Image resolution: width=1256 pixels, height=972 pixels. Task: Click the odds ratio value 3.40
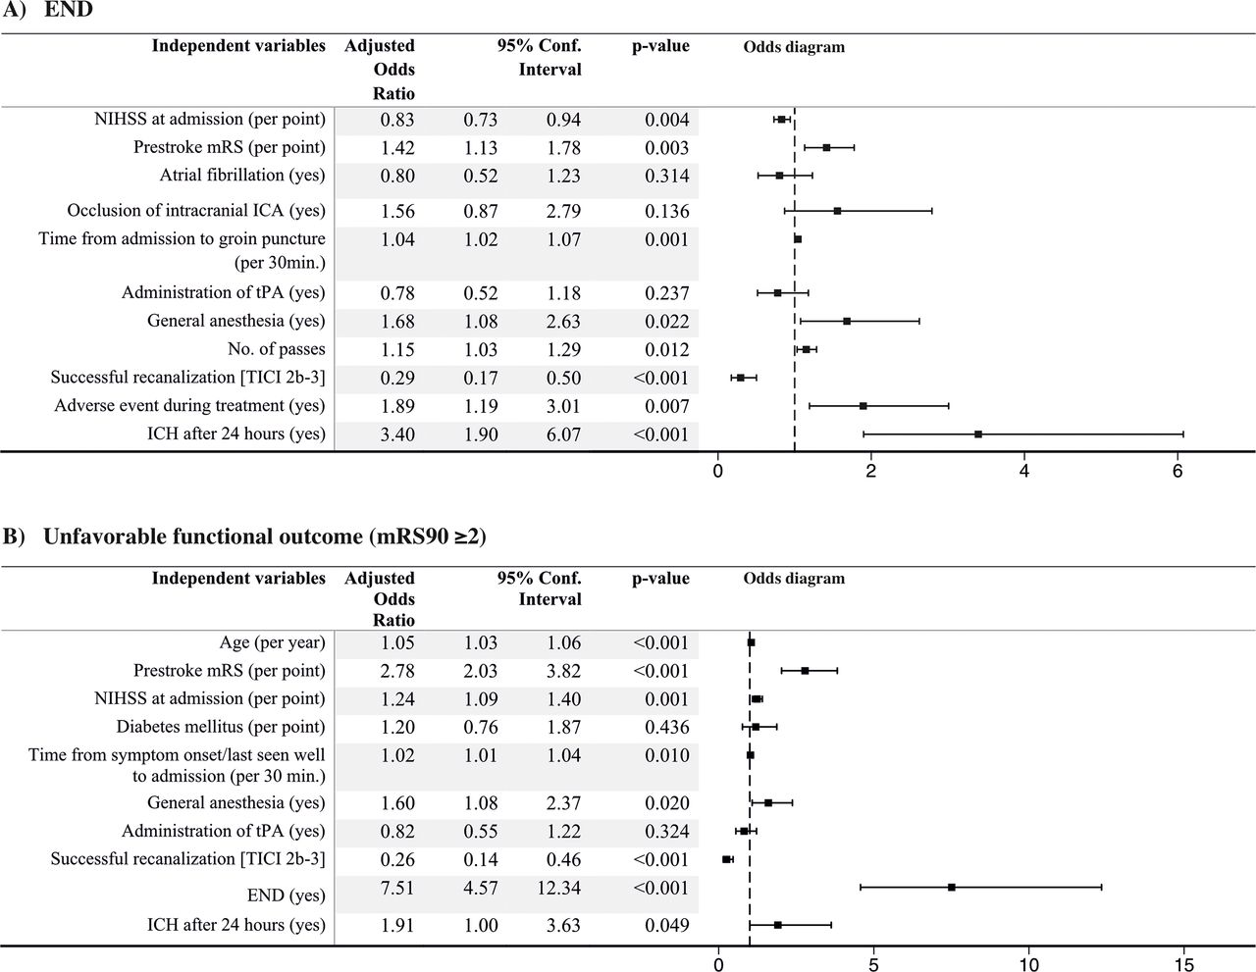397,435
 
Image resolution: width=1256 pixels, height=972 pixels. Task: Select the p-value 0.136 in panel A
667,211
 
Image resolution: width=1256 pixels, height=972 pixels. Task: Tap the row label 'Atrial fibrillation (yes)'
242,175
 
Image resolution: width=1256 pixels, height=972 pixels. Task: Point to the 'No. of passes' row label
277,349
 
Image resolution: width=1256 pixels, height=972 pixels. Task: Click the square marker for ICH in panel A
978,435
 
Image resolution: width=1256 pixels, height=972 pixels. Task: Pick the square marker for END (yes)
952,887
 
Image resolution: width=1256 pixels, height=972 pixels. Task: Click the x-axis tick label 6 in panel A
1177,471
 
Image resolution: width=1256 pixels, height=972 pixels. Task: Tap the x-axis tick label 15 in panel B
1183,964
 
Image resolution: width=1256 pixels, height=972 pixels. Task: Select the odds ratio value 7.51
397,887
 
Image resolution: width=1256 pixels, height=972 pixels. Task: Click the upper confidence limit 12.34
558,887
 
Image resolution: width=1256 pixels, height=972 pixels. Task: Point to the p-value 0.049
667,925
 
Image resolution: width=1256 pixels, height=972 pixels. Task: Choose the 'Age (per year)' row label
272,642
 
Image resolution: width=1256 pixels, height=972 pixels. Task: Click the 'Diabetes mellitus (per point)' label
221,727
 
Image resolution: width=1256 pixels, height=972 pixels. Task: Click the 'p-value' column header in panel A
660,46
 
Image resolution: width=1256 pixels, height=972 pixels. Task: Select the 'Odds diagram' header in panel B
794,578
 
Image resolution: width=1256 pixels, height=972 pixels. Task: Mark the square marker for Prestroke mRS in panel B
805,671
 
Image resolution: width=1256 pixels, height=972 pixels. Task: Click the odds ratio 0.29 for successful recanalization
397,378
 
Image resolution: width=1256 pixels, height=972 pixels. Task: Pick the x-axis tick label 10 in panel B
1029,964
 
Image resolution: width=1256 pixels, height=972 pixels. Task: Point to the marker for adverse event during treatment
863,406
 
